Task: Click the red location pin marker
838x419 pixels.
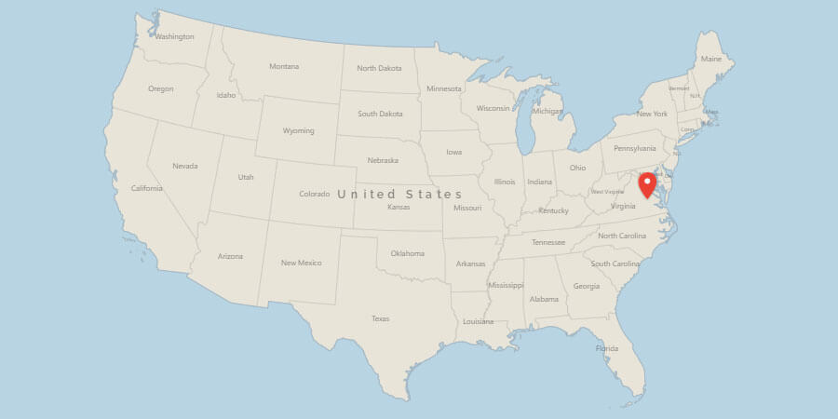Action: pos(647,182)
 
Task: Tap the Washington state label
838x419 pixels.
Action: pos(174,37)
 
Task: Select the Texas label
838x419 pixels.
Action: pos(380,318)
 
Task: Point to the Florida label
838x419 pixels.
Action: pos(606,348)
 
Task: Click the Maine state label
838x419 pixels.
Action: pos(711,59)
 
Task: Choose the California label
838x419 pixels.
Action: pos(147,188)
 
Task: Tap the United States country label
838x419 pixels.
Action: pos(399,194)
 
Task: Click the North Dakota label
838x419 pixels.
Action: pos(379,68)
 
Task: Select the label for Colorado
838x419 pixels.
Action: pos(314,194)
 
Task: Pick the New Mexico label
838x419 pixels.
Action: pos(301,263)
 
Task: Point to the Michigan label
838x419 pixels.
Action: pos(547,111)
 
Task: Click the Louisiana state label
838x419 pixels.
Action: pos(478,321)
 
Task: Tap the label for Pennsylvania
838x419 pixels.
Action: pos(634,148)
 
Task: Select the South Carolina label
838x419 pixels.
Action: pos(615,264)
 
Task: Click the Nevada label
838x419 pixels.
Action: pos(185,166)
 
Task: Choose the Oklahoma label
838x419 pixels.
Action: pos(407,253)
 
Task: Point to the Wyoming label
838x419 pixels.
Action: pos(298,130)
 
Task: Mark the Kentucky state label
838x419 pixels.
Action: pos(553,210)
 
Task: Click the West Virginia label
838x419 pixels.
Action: pos(608,192)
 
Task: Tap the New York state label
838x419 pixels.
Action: pos(652,114)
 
